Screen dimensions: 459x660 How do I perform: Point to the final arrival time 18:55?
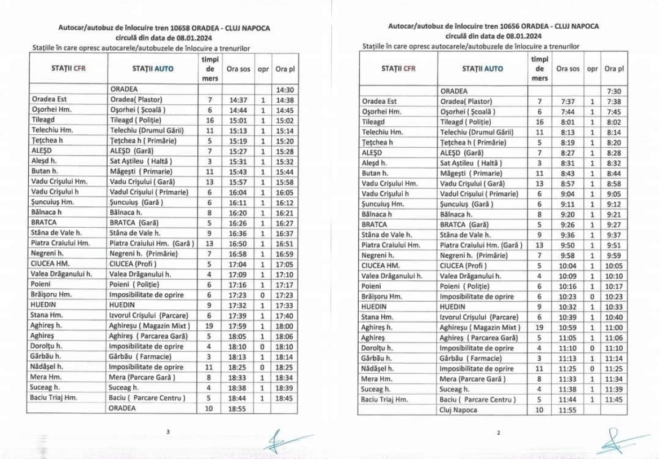pyautogui.click(x=237, y=408)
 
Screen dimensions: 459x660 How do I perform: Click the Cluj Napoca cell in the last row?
pyautogui.click(x=458, y=409)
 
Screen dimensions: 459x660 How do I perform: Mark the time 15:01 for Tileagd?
pyautogui.click(x=237, y=120)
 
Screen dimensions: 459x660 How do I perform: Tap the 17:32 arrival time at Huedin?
pyautogui.click(x=237, y=305)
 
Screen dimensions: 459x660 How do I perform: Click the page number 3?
pyautogui.click(x=168, y=432)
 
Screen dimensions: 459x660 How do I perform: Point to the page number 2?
pyautogui.click(x=499, y=433)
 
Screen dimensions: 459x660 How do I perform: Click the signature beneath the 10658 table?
pyautogui.click(x=282, y=440)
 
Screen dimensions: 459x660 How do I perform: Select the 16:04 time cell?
pyautogui.click(x=237, y=192)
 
